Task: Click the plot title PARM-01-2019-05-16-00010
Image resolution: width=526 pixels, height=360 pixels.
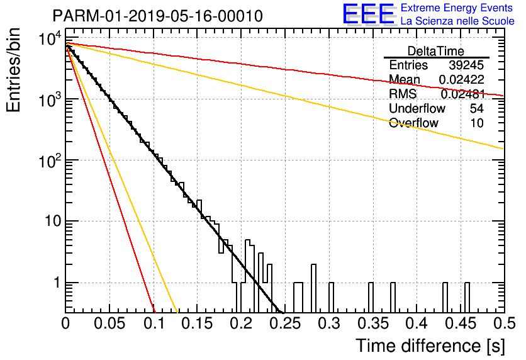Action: [158, 16]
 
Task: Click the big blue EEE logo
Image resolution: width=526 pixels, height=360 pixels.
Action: [369, 14]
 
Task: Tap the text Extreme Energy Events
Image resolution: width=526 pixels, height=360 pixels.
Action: [457, 8]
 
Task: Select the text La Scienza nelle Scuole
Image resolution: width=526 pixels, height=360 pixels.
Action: [457, 21]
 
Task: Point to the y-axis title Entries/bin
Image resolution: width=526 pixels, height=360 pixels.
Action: [13, 70]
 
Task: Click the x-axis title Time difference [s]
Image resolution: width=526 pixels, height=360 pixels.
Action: [430, 346]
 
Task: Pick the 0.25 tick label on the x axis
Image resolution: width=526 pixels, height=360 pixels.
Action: [285, 323]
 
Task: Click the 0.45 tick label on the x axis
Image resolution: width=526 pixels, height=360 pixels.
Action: [461, 323]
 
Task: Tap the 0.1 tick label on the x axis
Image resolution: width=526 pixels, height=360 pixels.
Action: [154, 323]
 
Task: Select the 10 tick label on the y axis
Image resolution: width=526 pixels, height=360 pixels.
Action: [53, 222]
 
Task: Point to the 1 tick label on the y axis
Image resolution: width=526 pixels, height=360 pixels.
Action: [57, 283]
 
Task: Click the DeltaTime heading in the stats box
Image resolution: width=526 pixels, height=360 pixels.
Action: [436, 52]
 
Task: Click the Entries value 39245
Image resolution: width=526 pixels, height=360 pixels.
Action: [466, 65]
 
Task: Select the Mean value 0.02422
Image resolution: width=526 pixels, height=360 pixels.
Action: [462, 79]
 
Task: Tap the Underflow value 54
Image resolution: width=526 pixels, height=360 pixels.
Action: [477, 108]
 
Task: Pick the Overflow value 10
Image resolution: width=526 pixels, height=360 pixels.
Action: [477, 123]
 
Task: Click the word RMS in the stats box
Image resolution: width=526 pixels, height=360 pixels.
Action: [403, 94]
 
